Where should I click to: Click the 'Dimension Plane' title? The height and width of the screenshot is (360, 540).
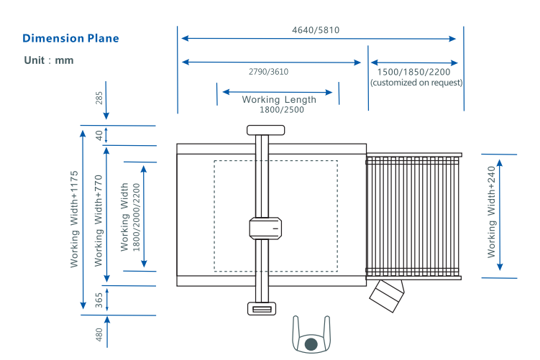(x=70, y=38)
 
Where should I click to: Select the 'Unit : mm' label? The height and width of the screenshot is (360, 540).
(x=49, y=60)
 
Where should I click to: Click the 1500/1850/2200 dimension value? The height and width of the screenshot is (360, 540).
(x=414, y=72)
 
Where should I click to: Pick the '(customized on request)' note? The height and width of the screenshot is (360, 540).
(x=416, y=83)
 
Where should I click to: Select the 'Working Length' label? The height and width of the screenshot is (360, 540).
(x=279, y=100)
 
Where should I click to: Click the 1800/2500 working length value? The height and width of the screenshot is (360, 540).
(x=282, y=110)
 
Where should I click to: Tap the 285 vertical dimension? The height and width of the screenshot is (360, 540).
(x=99, y=98)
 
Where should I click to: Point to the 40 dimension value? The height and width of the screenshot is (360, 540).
(x=99, y=134)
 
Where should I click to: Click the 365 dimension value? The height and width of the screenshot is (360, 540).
(x=99, y=300)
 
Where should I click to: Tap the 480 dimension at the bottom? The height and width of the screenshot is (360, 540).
(x=99, y=335)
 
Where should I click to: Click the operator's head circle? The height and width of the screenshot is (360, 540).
(x=311, y=344)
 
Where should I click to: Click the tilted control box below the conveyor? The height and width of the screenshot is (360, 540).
(x=387, y=294)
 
